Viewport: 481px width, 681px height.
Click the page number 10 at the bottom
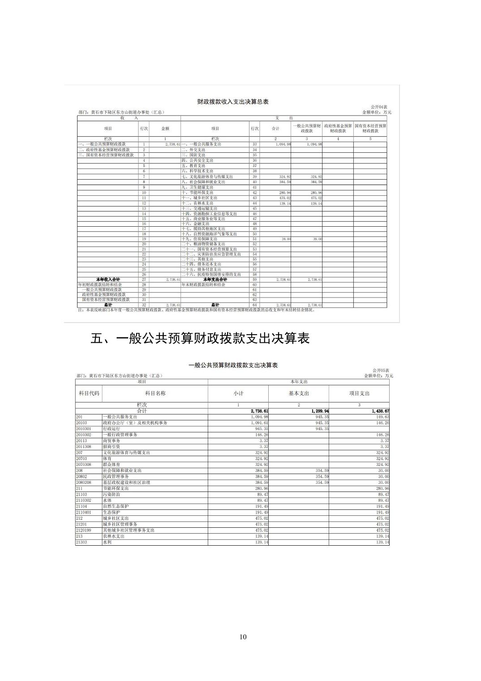pyautogui.click(x=243, y=637)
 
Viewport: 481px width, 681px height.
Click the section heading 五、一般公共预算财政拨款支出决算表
pyautogui.click(x=200, y=338)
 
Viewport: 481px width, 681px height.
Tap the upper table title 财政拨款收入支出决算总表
pyautogui.click(x=233, y=102)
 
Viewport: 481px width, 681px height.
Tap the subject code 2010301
pyautogui.click(x=84, y=429)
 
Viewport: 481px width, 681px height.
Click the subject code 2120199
pyautogui.click(x=84, y=530)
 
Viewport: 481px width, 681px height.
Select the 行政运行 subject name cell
pyautogui.click(x=112, y=429)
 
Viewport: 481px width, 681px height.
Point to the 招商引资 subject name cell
pyautogui.click(x=112, y=447)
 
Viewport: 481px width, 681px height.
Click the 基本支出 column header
pyautogui.click(x=299, y=393)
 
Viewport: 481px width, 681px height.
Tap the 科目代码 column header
pyautogui.click(x=89, y=393)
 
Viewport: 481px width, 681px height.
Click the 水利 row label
pyautogui.click(x=107, y=542)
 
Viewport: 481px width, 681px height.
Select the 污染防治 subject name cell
pyautogui.click(x=112, y=494)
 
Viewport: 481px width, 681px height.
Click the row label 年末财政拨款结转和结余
pyautogui.click(x=203, y=284)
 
